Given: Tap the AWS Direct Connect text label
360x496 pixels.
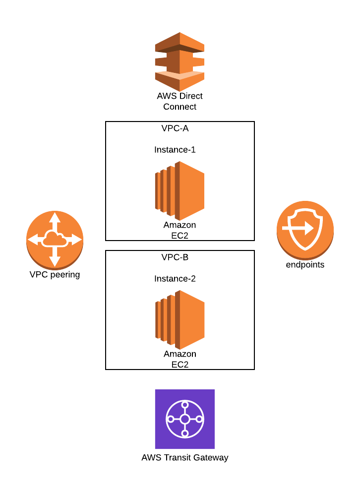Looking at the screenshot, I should pos(180,101).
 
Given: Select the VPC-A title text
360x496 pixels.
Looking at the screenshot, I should pos(175,128).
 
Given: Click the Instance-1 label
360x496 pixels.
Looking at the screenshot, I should pos(175,150).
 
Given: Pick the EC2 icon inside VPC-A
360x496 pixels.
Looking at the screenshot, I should pos(180,190).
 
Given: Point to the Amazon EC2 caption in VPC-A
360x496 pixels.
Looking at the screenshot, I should pos(180,230).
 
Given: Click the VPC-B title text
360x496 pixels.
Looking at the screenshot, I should pos(175,257).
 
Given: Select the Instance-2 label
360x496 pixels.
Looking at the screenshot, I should pos(175,279).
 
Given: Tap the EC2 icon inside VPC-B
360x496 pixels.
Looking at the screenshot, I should pos(180,319).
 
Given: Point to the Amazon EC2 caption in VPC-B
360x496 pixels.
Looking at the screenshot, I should pos(180,359).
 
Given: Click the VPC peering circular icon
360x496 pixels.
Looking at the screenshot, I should pos(55,240).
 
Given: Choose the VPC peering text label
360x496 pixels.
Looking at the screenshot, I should pos(55,274).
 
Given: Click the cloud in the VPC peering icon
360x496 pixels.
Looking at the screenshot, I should pos(55,239).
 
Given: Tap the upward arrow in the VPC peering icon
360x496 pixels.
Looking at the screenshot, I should pos(55,218).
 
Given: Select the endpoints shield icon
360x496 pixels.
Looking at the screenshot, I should pos(305,229).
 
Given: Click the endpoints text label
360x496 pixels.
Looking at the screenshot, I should pos(305,265).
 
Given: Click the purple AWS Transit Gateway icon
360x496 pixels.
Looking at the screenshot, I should pos(184,419).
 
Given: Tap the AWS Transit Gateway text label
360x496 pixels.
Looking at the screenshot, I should pos(184,458).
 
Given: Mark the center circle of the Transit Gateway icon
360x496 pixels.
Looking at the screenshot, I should pos(184,419).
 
